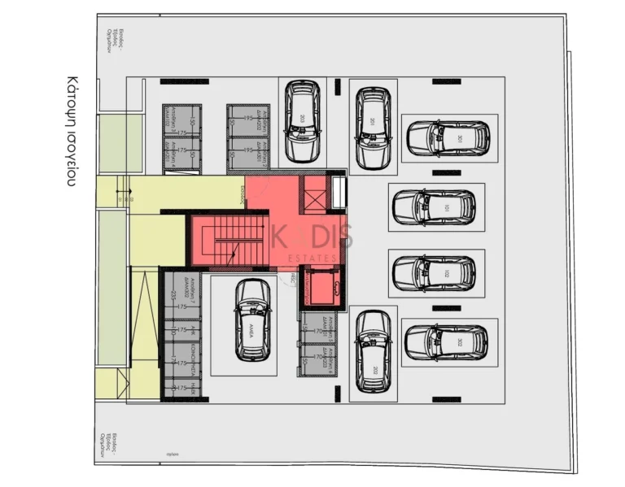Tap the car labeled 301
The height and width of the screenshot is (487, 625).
(448, 138)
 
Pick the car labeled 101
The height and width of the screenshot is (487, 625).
(434, 207)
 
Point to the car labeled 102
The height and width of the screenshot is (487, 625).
(434, 273)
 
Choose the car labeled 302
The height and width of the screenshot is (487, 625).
(446, 341)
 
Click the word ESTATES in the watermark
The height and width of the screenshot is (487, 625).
(313, 259)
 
